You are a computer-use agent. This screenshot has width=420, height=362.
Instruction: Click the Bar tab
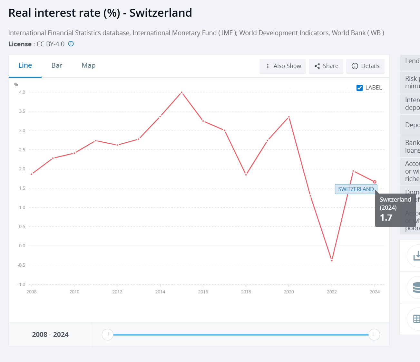point(57,65)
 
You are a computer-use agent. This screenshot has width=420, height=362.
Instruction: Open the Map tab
point(88,65)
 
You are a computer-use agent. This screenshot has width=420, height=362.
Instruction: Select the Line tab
point(25,65)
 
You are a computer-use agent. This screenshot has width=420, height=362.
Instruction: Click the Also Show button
point(283,66)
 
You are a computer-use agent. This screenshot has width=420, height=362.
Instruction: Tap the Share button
point(326,66)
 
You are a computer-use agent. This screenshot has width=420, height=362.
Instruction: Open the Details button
point(365,66)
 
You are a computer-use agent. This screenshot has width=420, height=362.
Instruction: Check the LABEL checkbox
point(360,88)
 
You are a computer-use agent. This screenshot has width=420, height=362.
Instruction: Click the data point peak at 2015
point(182,92)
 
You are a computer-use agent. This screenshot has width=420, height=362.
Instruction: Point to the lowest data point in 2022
point(332,260)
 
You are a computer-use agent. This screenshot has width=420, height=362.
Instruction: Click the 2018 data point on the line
point(246,175)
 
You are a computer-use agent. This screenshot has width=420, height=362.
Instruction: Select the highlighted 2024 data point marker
point(375,182)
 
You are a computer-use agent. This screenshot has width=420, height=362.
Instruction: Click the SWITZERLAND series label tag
point(356,189)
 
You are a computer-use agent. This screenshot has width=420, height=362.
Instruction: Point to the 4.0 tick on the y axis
point(22,92)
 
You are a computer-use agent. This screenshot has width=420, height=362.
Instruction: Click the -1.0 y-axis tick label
point(21,284)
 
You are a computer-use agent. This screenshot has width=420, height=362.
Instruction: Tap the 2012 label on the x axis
point(117,292)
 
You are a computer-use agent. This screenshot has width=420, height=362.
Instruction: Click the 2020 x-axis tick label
point(289,292)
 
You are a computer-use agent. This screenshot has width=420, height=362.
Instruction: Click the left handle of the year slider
point(107,334)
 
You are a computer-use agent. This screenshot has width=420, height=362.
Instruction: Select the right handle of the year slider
point(374,334)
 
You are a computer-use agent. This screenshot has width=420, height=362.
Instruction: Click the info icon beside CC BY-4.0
point(71,44)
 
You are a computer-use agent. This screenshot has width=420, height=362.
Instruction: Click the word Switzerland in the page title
point(161,13)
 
